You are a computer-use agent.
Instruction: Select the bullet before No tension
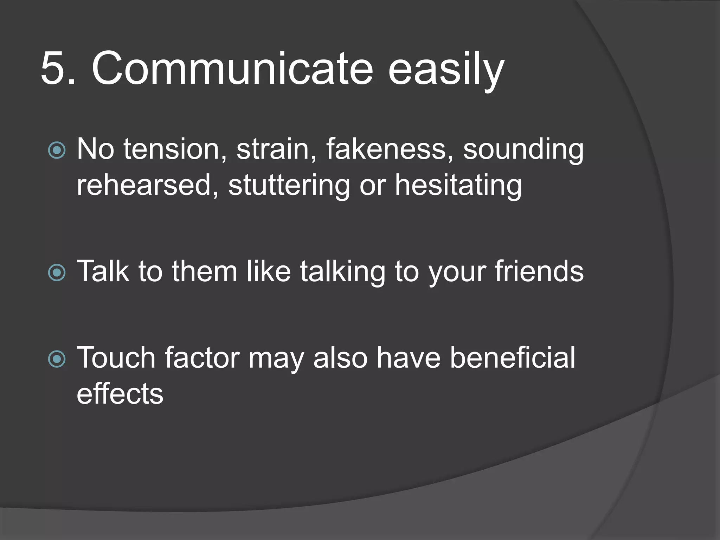click(x=57, y=150)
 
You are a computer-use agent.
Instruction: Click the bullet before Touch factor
click(x=57, y=359)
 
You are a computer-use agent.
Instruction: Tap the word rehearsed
click(x=148, y=185)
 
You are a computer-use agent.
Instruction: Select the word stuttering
click(x=289, y=185)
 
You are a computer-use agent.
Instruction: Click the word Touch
click(x=116, y=358)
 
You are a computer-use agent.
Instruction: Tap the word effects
click(x=120, y=393)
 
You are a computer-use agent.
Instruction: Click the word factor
click(x=202, y=358)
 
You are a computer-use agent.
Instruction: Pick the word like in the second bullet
click(x=269, y=271)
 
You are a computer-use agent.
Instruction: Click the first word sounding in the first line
click(x=523, y=150)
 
